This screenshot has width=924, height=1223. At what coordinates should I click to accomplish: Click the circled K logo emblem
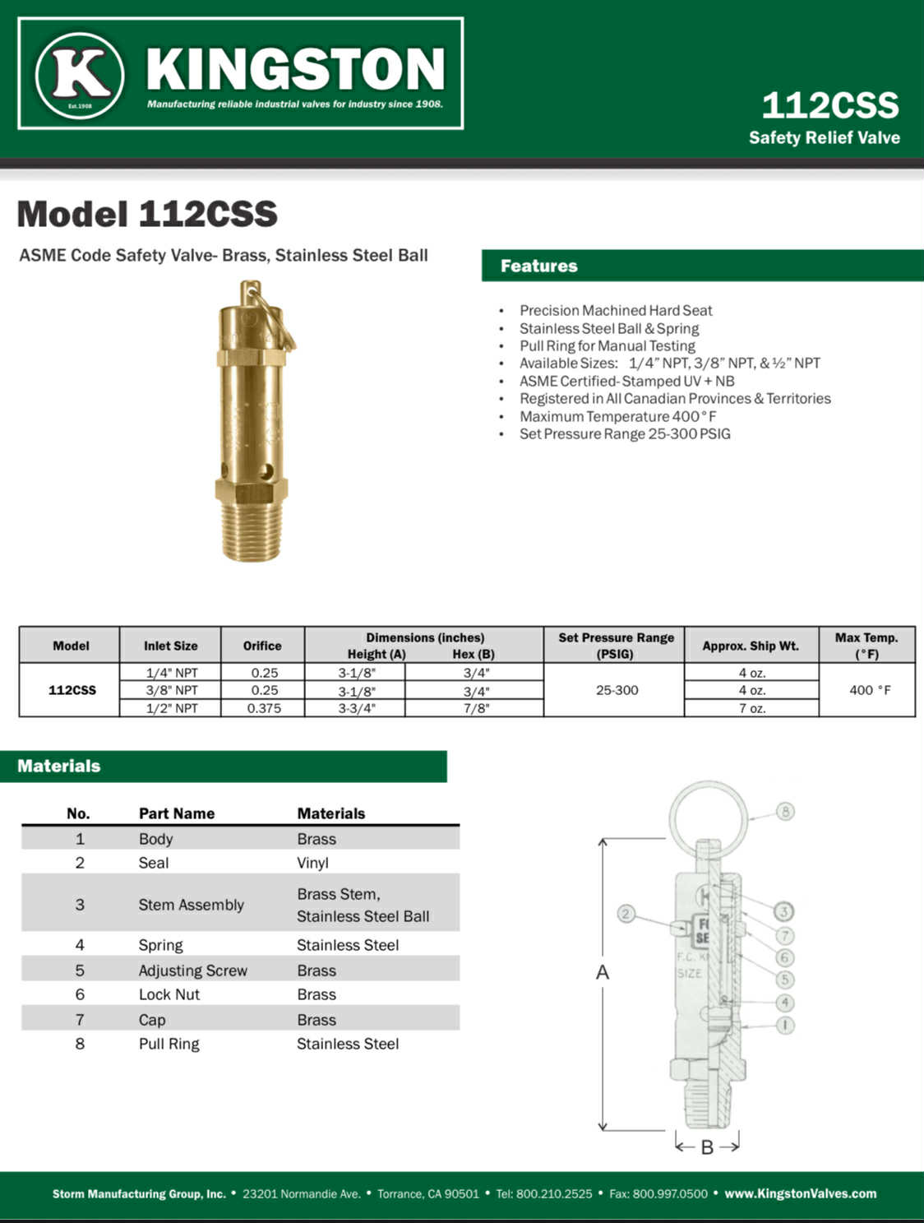click(80, 76)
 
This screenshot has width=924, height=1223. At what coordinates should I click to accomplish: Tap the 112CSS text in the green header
click(829, 105)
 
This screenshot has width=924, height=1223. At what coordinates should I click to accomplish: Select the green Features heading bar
click(703, 266)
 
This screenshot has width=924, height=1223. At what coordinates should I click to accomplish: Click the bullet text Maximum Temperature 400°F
click(617, 416)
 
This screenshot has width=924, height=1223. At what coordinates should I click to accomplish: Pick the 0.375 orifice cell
click(264, 708)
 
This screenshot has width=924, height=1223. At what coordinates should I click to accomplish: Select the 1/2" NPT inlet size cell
click(172, 708)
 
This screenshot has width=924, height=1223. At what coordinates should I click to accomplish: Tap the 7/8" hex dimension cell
click(476, 708)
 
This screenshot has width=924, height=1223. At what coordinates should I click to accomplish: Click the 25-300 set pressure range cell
click(617, 690)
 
